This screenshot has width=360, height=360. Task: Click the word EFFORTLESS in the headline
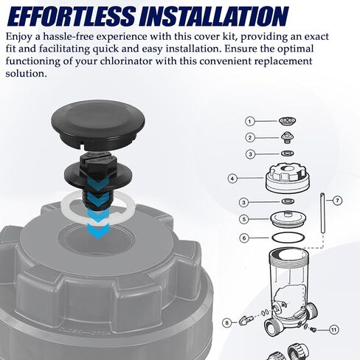pyautogui.click(x=71, y=16)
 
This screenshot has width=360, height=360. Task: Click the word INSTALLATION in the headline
pyautogui.click(x=214, y=16)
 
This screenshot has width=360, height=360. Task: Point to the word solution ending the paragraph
pyautogui.click(x=26, y=73)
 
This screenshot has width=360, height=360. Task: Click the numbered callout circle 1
pyautogui.click(x=250, y=122)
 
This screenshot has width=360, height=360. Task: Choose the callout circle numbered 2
pyautogui.click(x=250, y=137)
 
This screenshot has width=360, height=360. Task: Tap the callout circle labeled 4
pyautogui.click(x=232, y=179)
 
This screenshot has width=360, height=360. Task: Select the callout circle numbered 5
pyautogui.click(x=244, y=219)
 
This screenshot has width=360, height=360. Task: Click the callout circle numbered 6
pyautogui.click(x=244, y=238)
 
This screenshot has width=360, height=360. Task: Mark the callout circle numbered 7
pyautogui.click(x=337, y=201)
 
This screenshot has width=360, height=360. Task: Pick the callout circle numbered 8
pyautogui.click(x=226, y=322)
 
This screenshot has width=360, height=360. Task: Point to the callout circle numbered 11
pyautogui.click(x=333, y=330)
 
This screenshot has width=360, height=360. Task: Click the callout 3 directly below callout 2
pyautogui.click(x=250, y=154)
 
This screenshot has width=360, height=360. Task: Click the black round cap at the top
pyautogui.click(x=98, y=124)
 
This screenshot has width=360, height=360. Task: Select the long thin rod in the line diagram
pyautogui.click(x=322, y=213)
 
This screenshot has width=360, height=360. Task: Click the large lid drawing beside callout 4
pyautogui.click(x=287, y=178)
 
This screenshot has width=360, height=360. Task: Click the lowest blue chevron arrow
pyautogui.click(x=99, y=232)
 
